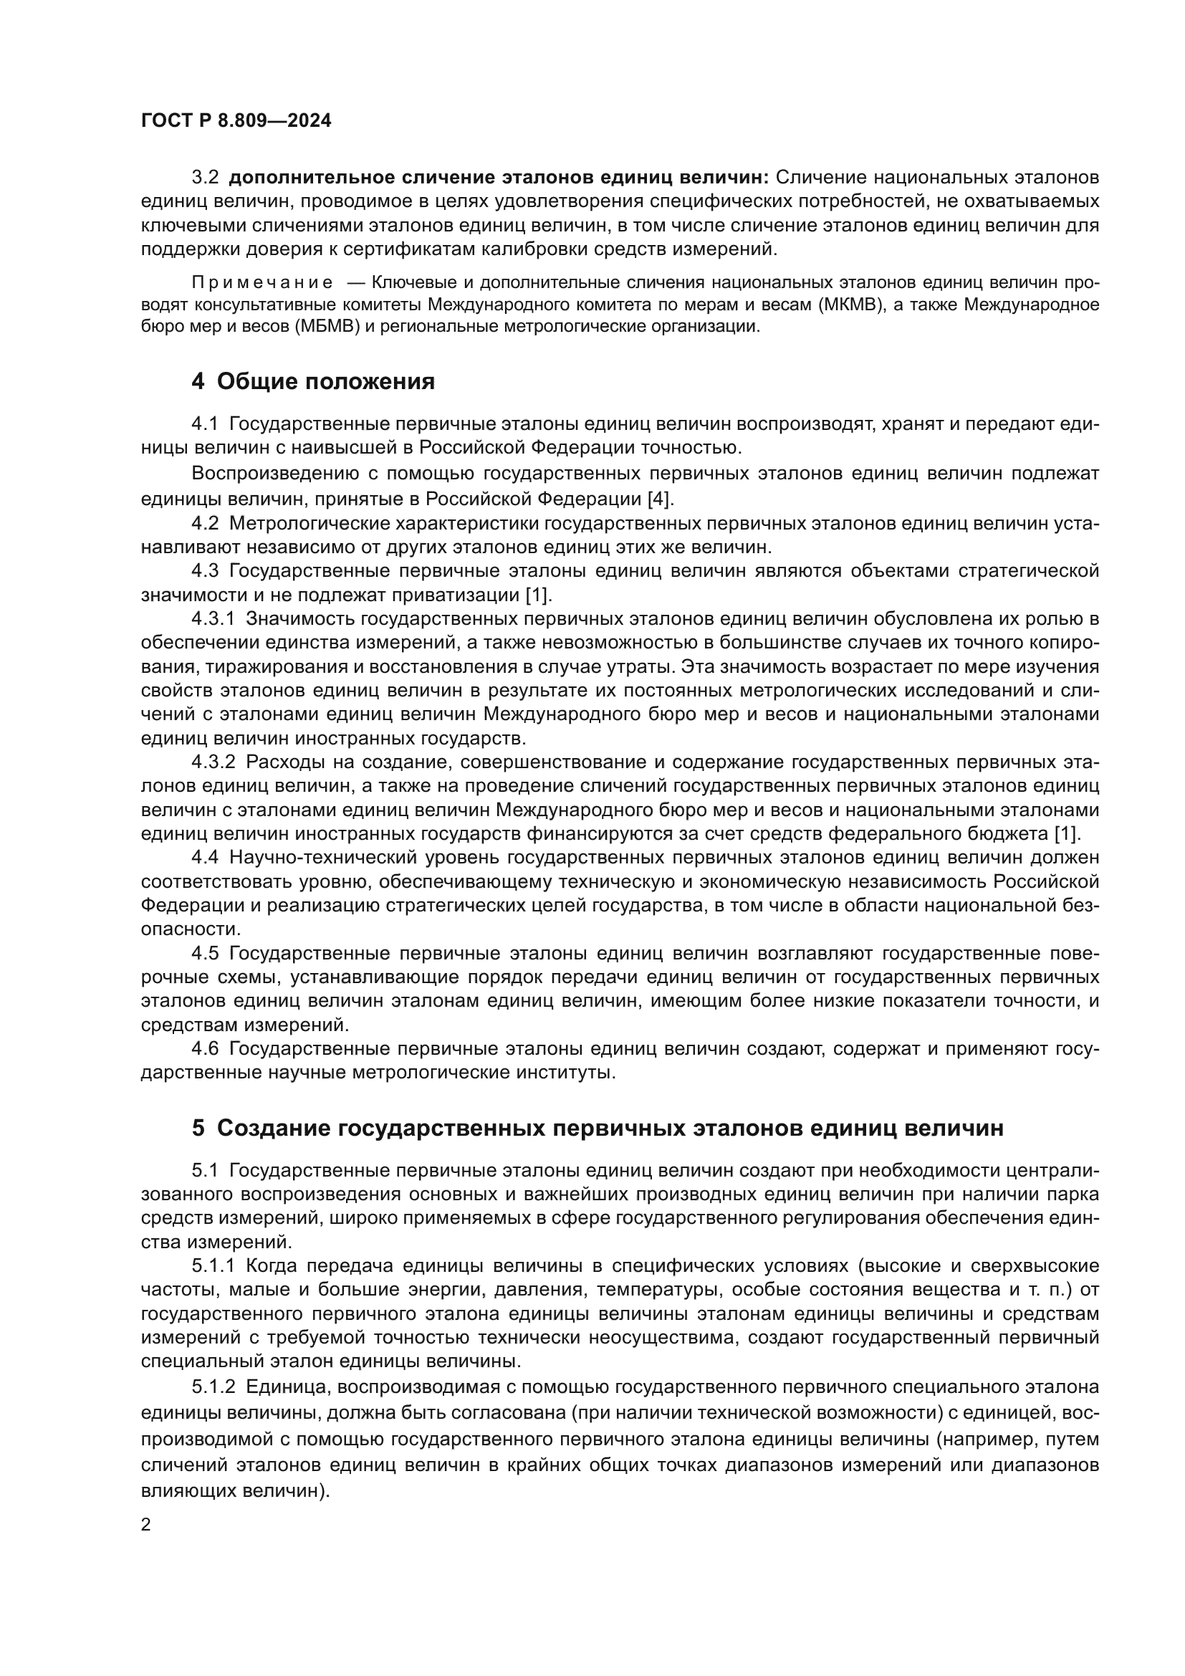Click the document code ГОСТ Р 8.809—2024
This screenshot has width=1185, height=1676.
click(x=236, y=120)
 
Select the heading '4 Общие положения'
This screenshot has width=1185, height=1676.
click(x=313, y=381)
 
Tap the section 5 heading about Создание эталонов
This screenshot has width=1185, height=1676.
click(x=598, y=1128)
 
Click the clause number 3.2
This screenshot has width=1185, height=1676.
click(x=204, y=178)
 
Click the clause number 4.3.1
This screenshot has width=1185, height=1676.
click(x=213, y=619)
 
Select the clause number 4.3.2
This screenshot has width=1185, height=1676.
click(x=213, y=762)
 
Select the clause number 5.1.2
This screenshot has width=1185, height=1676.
click(x=213, y=1387)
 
